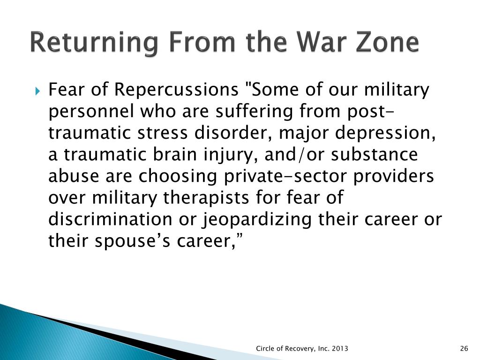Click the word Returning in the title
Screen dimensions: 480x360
94,43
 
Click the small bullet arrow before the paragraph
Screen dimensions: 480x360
37,91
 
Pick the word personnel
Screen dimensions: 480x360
91,112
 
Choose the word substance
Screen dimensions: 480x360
375,155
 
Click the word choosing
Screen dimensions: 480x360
177,177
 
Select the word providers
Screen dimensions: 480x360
394,177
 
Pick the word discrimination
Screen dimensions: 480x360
110,219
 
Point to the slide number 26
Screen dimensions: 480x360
464,348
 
